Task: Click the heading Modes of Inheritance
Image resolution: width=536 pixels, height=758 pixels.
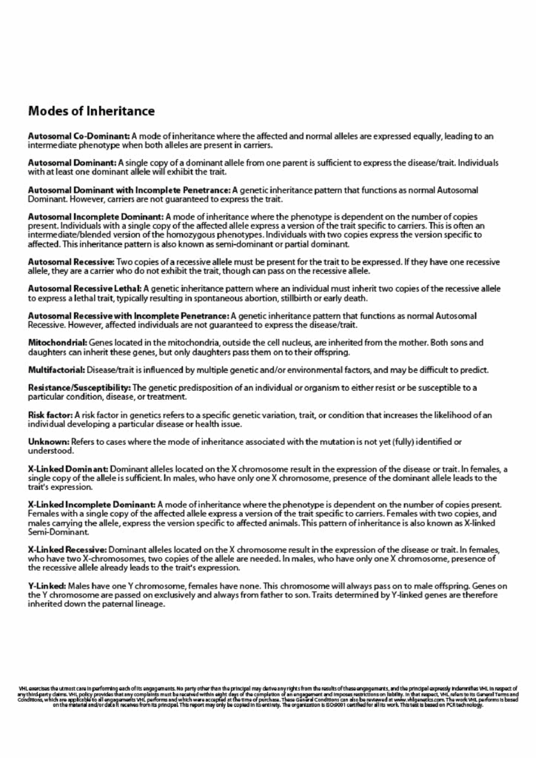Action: tap(91, 112)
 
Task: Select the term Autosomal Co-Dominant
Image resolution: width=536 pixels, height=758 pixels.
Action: tap(78, 136)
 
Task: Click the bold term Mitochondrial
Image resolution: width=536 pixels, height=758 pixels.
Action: tap(58, 343)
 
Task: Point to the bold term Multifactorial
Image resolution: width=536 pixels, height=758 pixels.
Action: tap(58, 369)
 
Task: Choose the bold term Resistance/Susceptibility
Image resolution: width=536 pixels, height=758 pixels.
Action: tap(79, 388)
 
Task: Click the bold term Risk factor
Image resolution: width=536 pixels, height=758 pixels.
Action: tap(50, 415)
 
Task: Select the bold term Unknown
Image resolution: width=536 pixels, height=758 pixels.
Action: tap(48, 442)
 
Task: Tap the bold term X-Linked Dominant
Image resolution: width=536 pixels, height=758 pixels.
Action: tap(68, 469)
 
